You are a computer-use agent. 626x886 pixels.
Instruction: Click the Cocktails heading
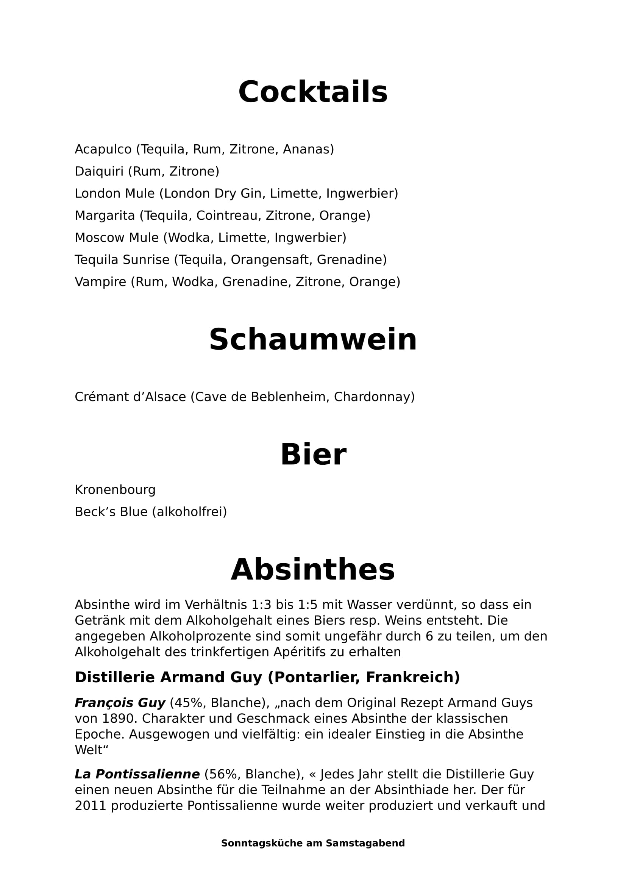313,92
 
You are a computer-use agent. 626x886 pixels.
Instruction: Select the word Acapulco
103,149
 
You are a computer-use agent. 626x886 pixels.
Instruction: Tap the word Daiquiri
99,171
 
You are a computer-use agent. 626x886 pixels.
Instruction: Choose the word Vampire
100,282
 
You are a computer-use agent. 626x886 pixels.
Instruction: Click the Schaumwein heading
313,339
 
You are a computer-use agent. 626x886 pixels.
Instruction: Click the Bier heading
313,455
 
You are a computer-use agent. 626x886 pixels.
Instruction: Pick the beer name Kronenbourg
115,490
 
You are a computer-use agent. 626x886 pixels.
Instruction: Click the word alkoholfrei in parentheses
189,512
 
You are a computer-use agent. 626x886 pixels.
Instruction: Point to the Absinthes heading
313,570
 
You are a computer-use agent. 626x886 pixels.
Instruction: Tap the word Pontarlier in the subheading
314,677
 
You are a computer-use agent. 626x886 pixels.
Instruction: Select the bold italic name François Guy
120,703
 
